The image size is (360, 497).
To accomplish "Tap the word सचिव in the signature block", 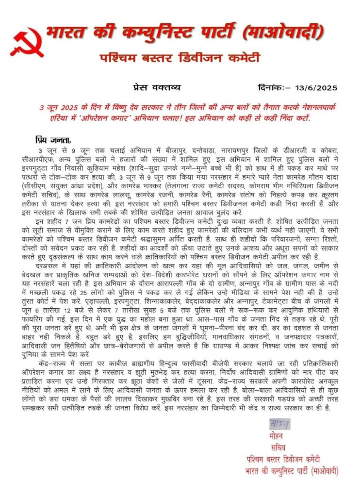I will [x=278, y=447].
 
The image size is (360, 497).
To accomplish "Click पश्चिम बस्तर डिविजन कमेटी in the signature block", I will [x=282, y=459].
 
